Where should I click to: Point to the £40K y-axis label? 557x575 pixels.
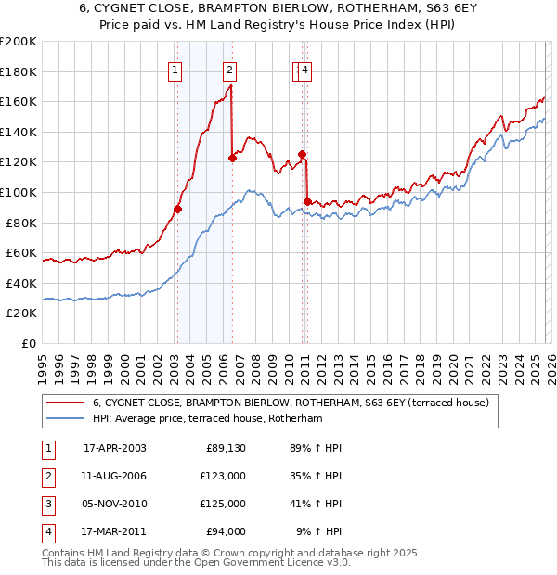click(20, 283)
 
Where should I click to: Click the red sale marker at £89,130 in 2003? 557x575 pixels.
click(177, 209)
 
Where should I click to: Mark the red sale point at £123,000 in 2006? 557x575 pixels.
click(232, 158)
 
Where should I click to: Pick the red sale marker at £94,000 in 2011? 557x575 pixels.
click(307, 201)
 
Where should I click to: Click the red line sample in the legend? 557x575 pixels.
click(65, 402)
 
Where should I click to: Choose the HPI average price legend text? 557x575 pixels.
click(206, 419)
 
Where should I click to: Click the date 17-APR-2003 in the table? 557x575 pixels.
click(114, 448)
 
